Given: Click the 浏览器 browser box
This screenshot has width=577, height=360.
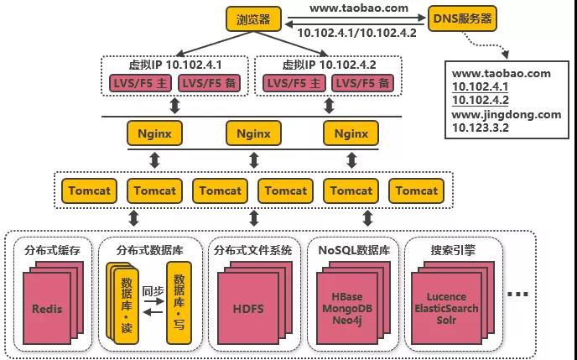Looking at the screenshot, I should (252, 18).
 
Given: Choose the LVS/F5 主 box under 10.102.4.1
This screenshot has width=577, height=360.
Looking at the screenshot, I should (139, 83).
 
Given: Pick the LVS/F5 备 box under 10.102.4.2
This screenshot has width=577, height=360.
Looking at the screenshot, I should (362, 83).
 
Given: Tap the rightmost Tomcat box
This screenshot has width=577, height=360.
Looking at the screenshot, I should (417, 190).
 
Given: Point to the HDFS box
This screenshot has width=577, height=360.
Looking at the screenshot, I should (248, 309).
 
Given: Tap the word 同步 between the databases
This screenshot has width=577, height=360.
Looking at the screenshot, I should (152, 293).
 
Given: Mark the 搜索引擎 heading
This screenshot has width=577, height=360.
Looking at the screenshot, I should (454, 249).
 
